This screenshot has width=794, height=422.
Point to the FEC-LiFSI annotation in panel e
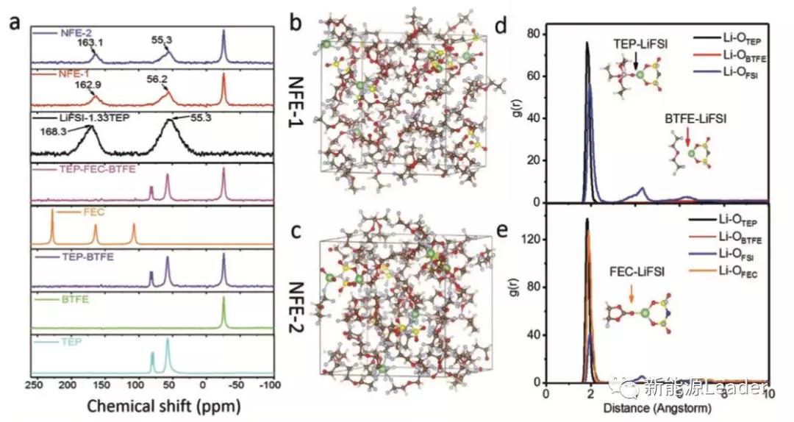(x=630, y=271)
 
